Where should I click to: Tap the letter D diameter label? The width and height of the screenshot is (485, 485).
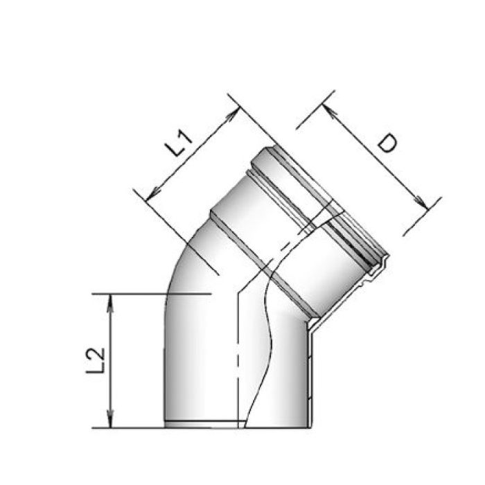coord(388,143)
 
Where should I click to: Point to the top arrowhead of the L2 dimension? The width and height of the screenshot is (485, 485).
coord(109,299)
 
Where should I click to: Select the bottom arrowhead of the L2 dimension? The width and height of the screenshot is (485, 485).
coord(109,422)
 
